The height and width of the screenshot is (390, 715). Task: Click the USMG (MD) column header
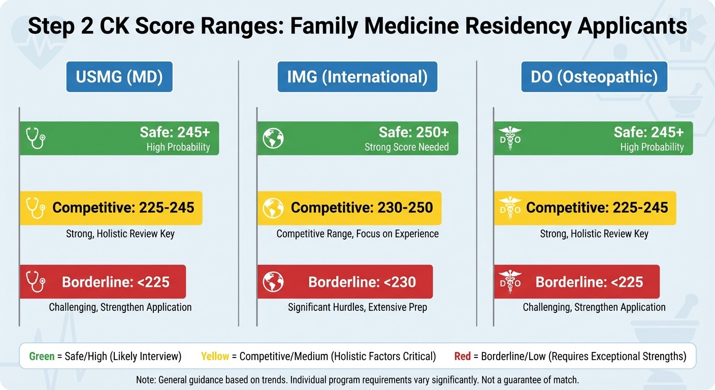[x=119, y=77]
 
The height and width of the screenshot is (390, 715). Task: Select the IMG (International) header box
[x=357, y=77]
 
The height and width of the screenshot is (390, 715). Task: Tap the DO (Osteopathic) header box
[x=594, y=77]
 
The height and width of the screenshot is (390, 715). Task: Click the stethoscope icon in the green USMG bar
[x=36, y=138]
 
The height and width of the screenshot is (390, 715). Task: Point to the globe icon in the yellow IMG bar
[x=273, y=208]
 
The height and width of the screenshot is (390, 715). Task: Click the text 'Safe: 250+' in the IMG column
[x=413, y=133]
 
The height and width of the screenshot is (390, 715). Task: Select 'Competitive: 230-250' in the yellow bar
[x=362, y=208]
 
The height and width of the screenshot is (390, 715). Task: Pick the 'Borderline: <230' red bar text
[x=362, y=282]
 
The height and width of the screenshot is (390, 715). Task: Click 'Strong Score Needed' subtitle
[x=406, y=147]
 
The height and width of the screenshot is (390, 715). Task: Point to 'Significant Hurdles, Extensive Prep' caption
[x=357, y=307]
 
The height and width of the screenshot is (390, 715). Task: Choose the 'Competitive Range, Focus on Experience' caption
[x=357, y=234]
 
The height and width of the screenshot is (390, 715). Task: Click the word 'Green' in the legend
[x=42, y=356]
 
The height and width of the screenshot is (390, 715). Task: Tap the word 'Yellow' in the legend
[x=215, y=356]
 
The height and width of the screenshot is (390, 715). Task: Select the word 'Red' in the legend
[x=462, y=356]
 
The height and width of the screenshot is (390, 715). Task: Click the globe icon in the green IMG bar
[x=273, y=138]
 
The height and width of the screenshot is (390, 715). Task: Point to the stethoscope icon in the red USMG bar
[x=36, y=282]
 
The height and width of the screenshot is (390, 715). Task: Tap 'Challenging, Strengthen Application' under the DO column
[x=594, y=307]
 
